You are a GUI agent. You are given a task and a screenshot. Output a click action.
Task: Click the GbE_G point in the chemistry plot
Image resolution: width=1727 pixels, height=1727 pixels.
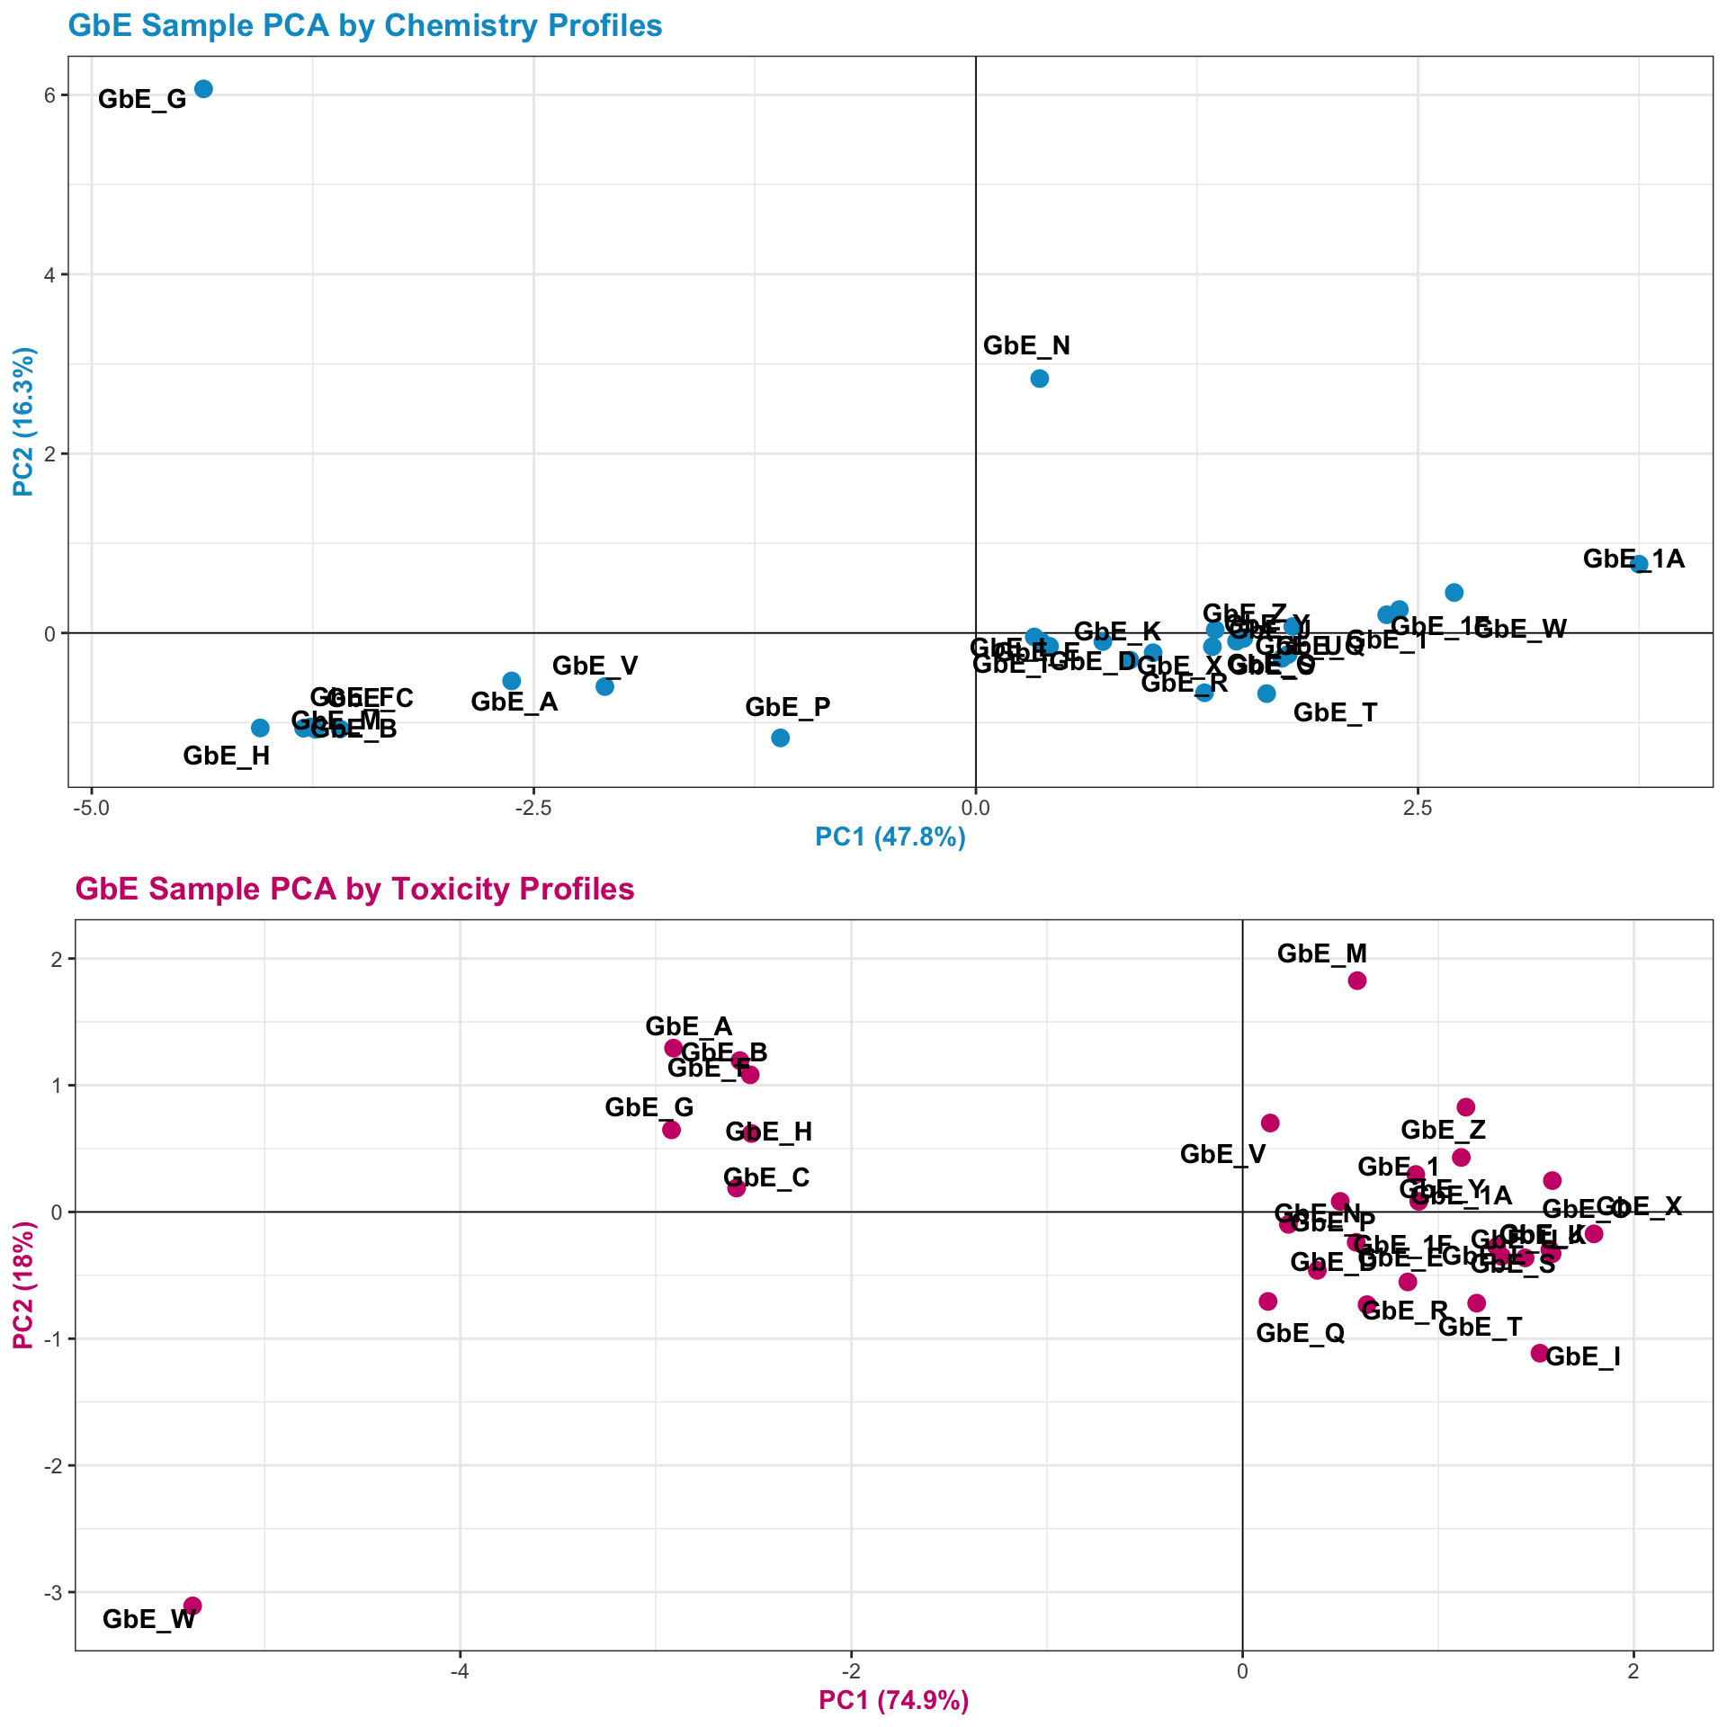[203, 88]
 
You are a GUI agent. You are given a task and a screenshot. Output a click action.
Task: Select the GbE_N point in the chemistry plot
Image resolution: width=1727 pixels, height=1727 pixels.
[1039, 378]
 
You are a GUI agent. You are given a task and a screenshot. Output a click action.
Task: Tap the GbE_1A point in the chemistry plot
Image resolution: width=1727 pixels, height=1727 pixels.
[1639, 564]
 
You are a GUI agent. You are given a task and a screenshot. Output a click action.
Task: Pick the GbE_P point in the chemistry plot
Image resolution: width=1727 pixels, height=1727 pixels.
[780, 738]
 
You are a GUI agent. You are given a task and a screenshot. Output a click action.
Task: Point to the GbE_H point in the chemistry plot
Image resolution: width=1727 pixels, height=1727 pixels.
[260, 728]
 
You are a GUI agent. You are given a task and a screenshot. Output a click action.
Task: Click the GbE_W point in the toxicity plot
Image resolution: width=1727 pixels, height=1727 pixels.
[192, 1606]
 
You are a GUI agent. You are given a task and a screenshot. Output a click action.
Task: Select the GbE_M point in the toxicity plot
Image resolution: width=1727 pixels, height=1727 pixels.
[1357, 980]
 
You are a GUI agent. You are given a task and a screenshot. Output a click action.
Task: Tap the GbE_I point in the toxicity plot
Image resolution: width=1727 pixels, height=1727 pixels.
[1539, 1353]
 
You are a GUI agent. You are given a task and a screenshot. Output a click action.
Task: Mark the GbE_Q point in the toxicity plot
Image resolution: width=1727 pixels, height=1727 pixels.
[1268, 1301]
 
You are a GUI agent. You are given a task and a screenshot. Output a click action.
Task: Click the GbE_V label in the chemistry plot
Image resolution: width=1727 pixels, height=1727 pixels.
[595, 666]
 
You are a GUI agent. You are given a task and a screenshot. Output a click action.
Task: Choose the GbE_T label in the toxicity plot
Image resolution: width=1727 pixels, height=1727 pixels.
[1480, 1327]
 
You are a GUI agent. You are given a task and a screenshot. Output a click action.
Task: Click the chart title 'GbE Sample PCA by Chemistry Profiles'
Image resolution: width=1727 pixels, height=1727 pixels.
[364, 26]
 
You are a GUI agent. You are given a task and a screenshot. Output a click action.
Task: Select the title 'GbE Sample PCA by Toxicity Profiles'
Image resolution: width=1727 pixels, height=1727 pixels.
[354, 890]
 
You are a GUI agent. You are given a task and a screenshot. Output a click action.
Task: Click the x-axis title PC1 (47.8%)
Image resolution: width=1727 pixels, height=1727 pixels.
[890, 837]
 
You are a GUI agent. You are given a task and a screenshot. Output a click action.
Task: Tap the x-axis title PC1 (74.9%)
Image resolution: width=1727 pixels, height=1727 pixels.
[893, 1701]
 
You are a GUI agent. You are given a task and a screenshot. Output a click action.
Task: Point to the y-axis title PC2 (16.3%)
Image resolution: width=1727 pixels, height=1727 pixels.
[24, 422]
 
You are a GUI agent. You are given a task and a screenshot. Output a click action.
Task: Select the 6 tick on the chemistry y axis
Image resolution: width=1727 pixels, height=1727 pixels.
[50, 95]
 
